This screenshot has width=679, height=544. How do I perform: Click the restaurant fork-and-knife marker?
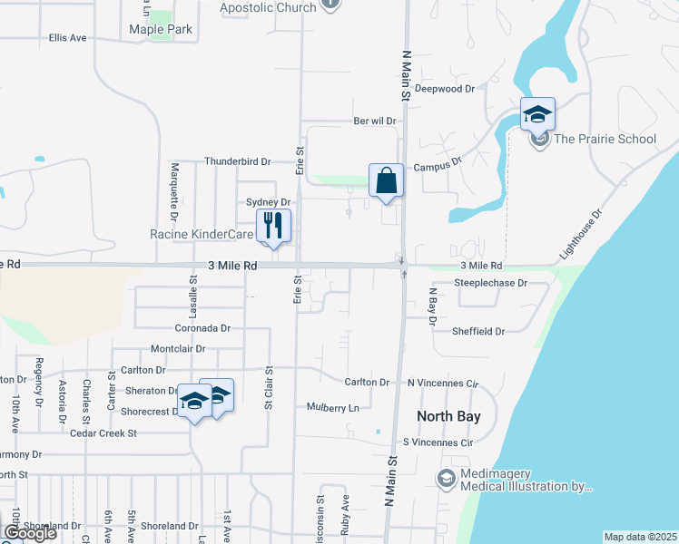273,225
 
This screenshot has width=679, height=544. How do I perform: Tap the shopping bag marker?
386,180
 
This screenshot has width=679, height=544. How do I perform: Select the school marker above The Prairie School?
537,114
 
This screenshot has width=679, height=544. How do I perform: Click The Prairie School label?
605,139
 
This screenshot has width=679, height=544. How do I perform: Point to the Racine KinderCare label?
201,235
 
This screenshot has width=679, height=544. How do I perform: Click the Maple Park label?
161,29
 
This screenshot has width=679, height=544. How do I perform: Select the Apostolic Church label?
268,7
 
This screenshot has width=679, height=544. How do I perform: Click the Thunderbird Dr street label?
238,161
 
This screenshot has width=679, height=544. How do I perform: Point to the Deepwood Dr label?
471,89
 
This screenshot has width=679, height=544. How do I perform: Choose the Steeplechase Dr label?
490,283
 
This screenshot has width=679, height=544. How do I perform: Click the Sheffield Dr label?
478,332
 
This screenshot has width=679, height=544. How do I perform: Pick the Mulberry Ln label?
333,408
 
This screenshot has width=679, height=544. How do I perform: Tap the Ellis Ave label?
68,38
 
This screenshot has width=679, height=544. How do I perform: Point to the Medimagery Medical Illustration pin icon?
447,478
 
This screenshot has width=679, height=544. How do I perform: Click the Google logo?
30,533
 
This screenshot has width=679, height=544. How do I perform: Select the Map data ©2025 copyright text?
641,537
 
